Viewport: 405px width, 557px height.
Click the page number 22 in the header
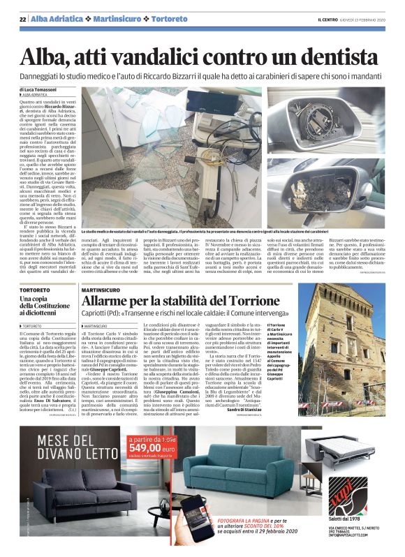click(23, 18)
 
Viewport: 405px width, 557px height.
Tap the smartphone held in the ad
click(181, 517)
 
